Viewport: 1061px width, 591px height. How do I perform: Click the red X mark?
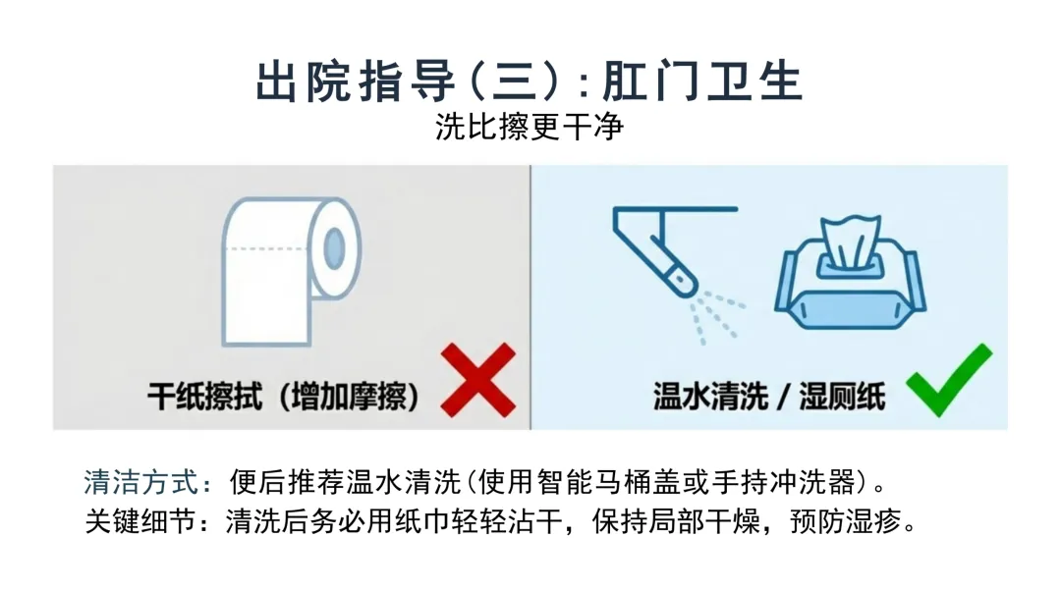pos(478,380)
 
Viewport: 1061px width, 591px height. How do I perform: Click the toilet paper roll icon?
pos(291,272)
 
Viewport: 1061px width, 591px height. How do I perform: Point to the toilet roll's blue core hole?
pos(334,248)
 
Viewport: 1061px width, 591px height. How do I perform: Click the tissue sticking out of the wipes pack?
pos(851,242)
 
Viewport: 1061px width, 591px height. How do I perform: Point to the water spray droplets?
pos(716,316)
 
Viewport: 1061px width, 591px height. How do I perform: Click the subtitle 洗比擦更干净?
pos(530,127)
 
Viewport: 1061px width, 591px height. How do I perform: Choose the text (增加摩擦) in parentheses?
pos(349,397)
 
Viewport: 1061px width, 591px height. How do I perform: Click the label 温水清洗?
pos(710,397)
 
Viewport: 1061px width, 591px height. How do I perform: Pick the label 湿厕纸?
pos(843,397)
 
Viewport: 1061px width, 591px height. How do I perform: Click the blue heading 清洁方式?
pos(141,482)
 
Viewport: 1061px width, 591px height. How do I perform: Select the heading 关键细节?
pos(141,521)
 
